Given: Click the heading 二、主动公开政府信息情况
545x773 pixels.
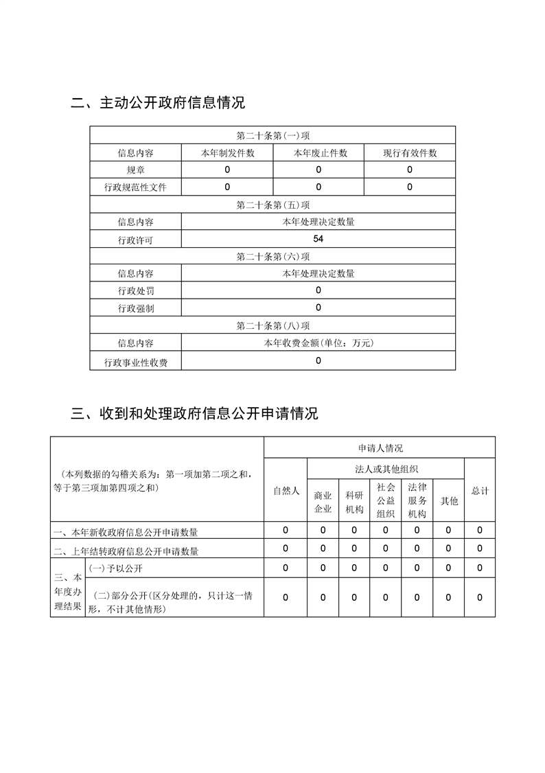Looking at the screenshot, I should pos(158,104).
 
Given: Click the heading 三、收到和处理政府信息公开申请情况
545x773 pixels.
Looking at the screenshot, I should pos(195,414).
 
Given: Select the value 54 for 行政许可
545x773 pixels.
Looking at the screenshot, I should pos(318,239).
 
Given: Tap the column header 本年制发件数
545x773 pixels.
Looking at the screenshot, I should pos(227,153).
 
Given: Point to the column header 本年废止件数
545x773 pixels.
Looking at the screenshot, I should pos(318,153).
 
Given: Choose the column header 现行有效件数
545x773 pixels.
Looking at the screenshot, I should pos(410,153).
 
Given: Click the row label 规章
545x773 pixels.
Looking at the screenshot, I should pos(135,170).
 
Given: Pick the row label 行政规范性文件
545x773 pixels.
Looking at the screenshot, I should pos(135,187).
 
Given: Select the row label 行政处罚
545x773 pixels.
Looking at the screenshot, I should pos(135,290).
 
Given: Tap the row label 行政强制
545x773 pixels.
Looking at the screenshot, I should pos(135,308).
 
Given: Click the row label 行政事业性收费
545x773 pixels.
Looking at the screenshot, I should pos(135,362).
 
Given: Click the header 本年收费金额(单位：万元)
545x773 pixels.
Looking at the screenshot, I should pos(318,343).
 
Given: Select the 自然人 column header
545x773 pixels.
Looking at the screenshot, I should pos(286,491).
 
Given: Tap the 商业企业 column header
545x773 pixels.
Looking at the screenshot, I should pos(323,502).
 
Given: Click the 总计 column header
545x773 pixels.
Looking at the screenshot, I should pos(480,491).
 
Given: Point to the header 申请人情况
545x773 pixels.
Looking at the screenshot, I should pos(380,448).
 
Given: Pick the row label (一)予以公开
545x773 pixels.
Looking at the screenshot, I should pos(116,568).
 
